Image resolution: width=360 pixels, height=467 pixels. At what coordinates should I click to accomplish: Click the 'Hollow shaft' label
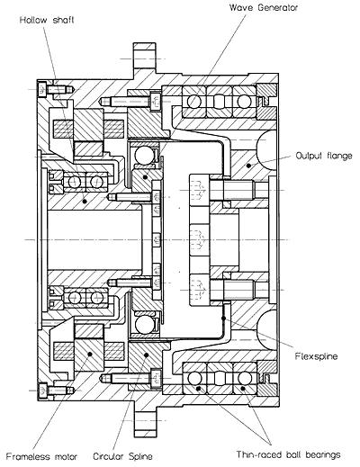pos(47,20)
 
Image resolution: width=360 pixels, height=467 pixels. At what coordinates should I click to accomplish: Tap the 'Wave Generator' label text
pos(264,7)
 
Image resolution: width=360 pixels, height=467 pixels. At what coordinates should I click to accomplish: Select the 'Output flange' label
pos(324,156)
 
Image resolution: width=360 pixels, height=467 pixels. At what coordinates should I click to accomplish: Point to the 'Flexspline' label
pos(316,356)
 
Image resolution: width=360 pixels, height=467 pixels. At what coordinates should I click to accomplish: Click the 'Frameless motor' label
pos(41,457)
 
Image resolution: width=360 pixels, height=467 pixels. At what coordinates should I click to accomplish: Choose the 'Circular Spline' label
pos(122,456)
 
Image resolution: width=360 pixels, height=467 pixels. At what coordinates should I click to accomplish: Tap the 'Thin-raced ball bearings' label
pos(288,454)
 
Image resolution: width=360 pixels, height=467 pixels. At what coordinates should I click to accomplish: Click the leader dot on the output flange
pos(248,166)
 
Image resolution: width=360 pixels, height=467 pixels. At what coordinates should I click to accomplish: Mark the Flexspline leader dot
pos(223,318)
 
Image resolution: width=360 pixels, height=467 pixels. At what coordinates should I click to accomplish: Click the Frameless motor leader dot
pos(90,354)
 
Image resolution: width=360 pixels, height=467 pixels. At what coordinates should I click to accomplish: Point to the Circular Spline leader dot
pos(147,355)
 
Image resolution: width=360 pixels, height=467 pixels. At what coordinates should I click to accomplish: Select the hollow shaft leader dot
pos(85,202)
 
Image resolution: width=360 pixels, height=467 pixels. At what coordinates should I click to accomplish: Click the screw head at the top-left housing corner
pos(41,89)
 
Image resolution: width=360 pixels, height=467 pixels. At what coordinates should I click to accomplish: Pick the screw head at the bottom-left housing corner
pos(42,391)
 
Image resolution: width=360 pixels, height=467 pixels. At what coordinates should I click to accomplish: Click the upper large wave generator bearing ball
pos(143,155)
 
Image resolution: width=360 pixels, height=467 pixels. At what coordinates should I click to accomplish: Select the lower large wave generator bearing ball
pos(143,324)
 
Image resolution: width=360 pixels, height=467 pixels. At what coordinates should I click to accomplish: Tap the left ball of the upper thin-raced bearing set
pos(193,102)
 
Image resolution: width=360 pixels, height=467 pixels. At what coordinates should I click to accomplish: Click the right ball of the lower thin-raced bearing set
pos(244,378)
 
